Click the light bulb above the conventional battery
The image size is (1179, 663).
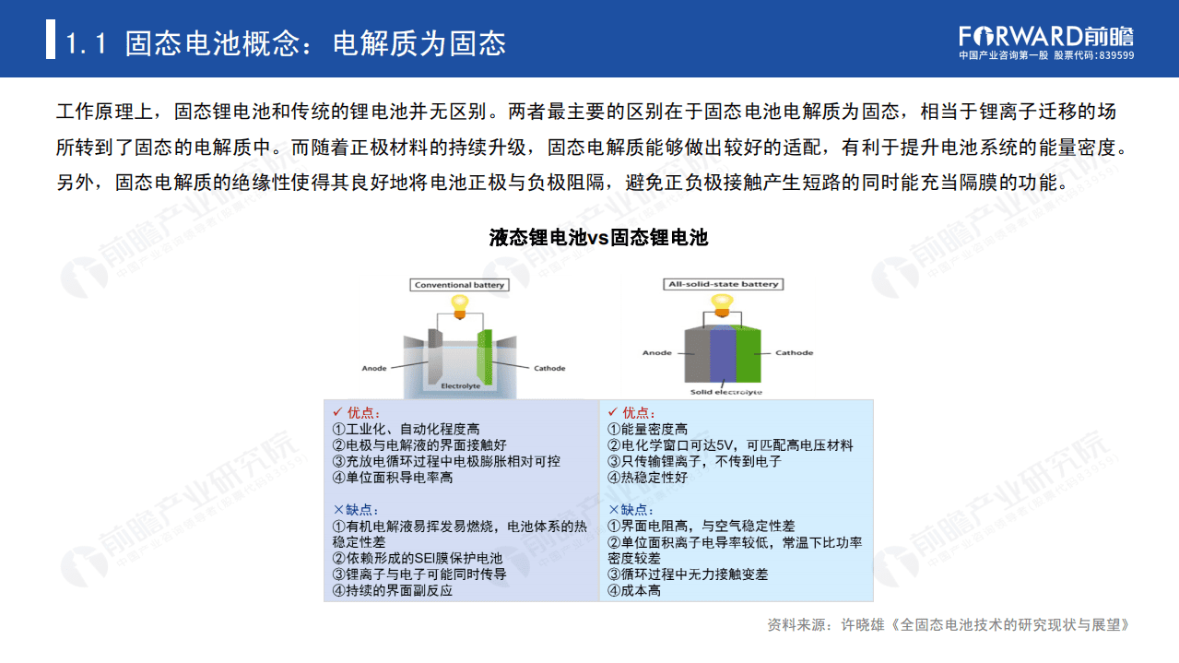click(459, 303)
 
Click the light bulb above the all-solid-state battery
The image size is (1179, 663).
click(722, 302)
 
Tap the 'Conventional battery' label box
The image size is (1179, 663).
click(459, 285)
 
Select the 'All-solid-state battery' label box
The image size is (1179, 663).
click(722, 284)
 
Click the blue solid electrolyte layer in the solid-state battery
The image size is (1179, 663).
click(723, 356)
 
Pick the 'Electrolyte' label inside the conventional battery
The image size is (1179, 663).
click(460, 386)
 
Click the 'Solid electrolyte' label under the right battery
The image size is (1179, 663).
click(726, 393)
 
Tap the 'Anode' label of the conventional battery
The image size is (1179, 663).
click(374, 369)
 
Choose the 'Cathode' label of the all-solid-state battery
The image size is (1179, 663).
click(794, 353)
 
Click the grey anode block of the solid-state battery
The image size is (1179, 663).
click(697, 356)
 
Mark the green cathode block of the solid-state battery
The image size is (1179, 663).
click(748, 356)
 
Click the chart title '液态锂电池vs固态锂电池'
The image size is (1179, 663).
click(598, 237)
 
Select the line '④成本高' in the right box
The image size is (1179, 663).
click(635, 590)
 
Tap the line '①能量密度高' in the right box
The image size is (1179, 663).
click(648, 429)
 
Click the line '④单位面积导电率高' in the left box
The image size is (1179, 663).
click(393, 478)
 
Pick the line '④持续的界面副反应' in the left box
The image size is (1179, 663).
click(393, 590)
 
